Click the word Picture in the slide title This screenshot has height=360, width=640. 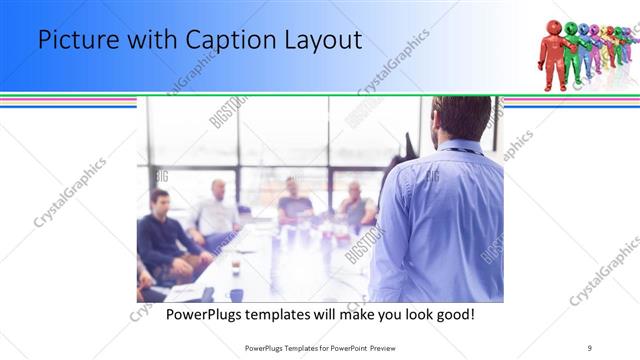tap(75, 41)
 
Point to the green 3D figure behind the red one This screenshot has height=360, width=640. tap(574, 50)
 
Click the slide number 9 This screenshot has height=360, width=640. tap(590, 347)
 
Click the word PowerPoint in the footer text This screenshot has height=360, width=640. tap(350, 347)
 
